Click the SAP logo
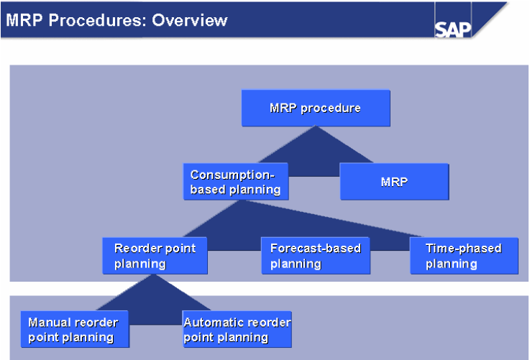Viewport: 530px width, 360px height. click(x=453, y=29)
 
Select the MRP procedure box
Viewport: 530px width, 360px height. click(x=316, y=109)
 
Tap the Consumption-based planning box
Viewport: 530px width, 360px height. click(x=236, y=181)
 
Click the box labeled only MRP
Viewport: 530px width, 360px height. click(x=394, y=182)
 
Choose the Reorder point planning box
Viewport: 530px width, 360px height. click(x=155, y=256)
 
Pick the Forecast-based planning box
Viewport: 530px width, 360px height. click(x=316, y=256)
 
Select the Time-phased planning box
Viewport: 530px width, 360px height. click(x=464, y=256)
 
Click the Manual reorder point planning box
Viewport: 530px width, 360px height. click(x=73, y=329)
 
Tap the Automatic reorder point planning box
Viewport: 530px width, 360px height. click(x=237, y=329)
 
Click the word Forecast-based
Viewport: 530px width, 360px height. click(x=315, y=249)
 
